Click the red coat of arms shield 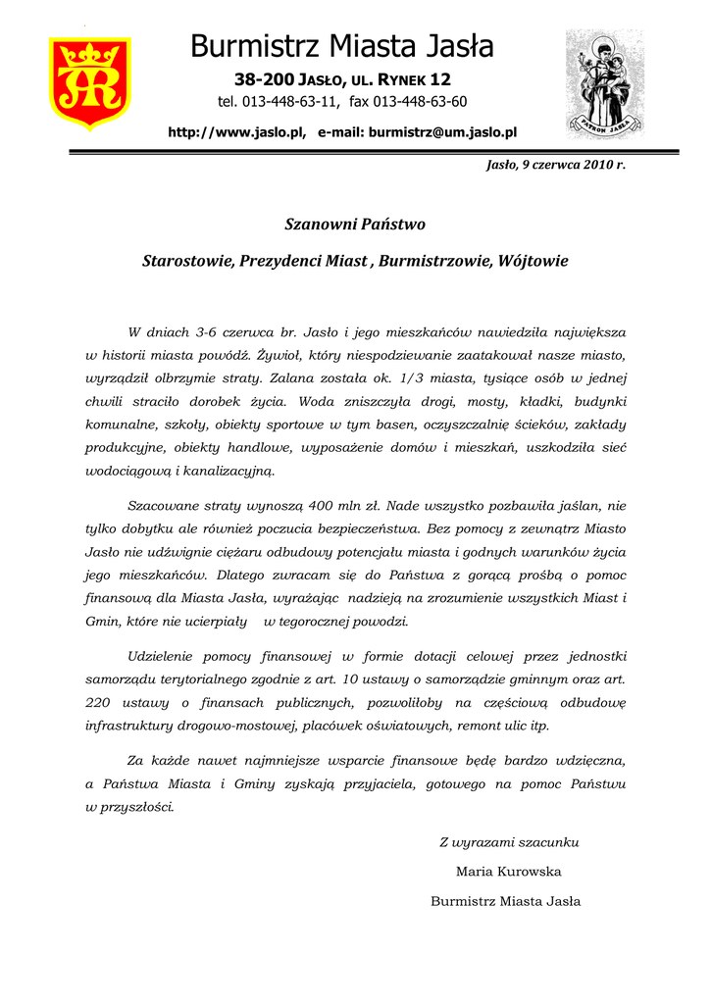click(89, 82)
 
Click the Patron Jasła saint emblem click(604, 83)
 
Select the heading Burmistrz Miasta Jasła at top click(342, 45)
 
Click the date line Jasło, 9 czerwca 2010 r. click(556, 165)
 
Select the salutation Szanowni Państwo click(355, 225)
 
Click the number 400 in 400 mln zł click(320, 507)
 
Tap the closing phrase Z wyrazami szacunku click(509, 842)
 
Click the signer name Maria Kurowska click(508, 872)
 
